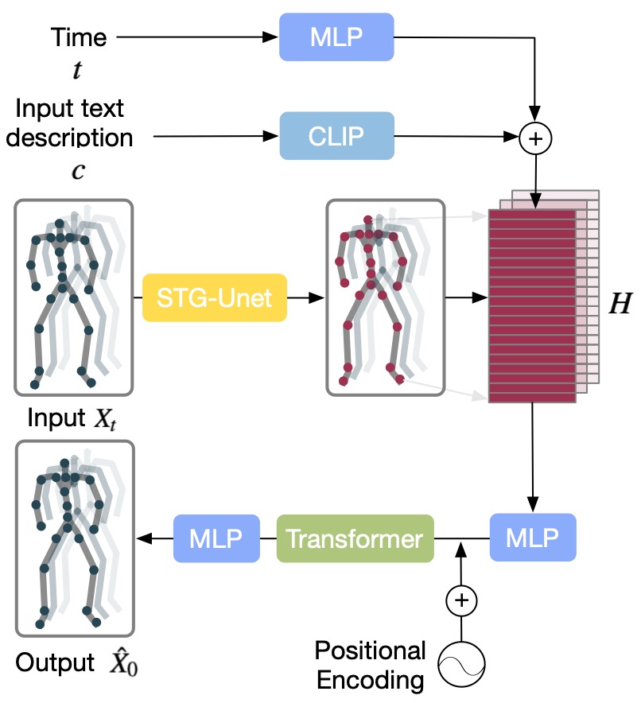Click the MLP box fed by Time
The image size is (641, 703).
tap(336, 37)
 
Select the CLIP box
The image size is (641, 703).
tap(336, 137)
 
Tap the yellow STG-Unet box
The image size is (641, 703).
tap(214, 298)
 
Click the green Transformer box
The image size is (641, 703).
tap(355, 540)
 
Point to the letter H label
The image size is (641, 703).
tap(618, 305)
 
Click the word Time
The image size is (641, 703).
tap(78, 37)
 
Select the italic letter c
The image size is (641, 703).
tap(78, 171)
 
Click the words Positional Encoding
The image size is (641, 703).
tap(371, 665)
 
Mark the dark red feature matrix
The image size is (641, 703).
tap(531, 306)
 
